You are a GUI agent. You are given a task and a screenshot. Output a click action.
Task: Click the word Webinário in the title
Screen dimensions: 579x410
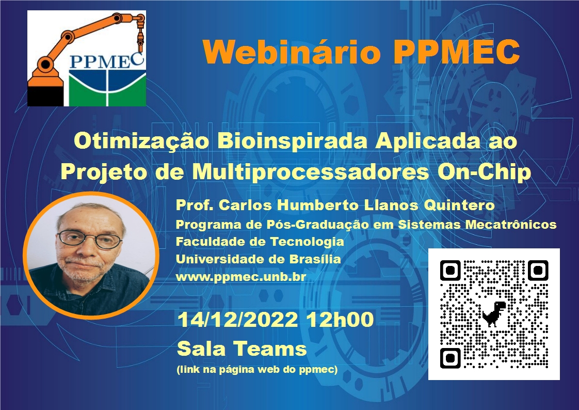click(292, 52)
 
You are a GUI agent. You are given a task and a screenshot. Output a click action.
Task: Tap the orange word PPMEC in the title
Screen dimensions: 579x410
click(456, 52)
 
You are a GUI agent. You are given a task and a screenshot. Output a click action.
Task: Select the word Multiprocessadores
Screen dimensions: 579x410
click(311, 172)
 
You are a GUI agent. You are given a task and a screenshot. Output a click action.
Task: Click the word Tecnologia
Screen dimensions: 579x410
click(307, 242)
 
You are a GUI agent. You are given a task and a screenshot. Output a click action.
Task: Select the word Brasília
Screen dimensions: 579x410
click(315, 259)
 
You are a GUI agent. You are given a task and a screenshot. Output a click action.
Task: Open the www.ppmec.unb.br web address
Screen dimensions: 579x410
click(241, 277)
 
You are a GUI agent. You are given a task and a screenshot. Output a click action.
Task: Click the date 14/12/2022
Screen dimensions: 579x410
click(237, 320)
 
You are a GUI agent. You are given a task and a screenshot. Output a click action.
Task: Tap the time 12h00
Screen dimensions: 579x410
click(340, 320)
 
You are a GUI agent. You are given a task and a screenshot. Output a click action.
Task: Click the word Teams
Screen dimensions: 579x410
click(270, 349)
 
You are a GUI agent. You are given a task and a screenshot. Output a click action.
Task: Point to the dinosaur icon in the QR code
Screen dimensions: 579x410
click(494, 313)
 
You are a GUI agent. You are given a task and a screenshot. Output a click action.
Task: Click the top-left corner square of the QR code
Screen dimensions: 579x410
click(450, 271)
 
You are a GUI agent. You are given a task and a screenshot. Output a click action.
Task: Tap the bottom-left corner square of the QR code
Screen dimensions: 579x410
click(450, 358)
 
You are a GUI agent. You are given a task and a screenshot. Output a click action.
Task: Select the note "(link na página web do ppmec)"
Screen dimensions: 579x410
click(257, 369)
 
